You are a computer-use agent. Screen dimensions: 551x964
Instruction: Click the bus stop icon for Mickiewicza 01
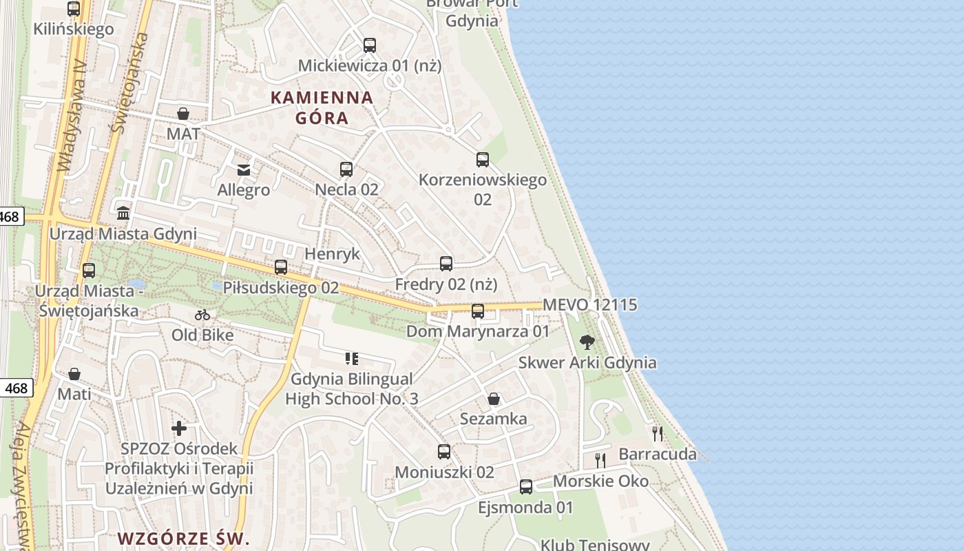click(370, 45)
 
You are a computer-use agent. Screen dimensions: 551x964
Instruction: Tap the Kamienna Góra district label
click(322, 107)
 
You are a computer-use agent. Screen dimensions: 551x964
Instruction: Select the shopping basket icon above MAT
click(183, 114)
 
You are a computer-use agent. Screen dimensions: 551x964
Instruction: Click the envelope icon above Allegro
click(244, 169)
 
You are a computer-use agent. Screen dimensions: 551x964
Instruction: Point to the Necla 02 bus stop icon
click(346, 169)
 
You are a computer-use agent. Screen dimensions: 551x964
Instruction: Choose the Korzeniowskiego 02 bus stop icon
click(483, 160)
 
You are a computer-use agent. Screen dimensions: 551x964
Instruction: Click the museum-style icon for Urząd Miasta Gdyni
click(123, 213)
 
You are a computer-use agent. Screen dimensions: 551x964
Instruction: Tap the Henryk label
click(332, 253)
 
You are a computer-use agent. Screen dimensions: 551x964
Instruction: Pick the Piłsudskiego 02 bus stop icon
click(281, 267)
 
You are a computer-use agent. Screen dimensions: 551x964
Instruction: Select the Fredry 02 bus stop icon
click(446, 263)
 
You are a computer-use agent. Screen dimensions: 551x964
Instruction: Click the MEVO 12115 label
click(590, 304)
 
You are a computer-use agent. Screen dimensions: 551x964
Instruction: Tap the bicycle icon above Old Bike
click(202, 315)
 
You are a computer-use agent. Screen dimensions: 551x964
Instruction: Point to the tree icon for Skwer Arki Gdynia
click(587, 342)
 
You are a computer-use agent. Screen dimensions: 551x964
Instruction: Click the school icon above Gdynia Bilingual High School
click(352, 358)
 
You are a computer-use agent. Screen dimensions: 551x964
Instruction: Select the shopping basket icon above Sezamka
click(494, 399)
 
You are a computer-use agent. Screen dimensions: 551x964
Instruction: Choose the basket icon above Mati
click(74, 374)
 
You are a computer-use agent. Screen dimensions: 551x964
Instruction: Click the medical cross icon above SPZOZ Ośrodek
click(179, 428)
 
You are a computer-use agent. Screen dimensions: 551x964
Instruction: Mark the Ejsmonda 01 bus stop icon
click(526, 487)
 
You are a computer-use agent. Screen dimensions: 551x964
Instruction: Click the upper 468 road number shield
click(10, 217)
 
